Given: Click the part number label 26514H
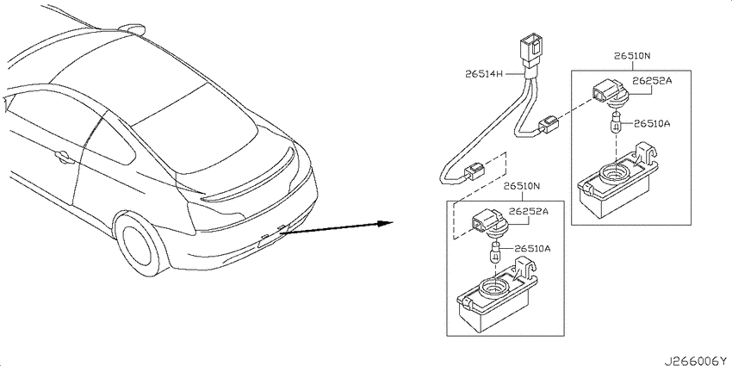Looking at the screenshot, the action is point(484,74).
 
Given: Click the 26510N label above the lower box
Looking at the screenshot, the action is point(522,187).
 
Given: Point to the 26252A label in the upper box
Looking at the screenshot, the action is point(653,81).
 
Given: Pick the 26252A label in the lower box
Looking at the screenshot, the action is point(530,211).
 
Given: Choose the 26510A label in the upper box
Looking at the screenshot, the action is point(652,124).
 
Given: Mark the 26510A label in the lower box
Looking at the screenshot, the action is point(532,248).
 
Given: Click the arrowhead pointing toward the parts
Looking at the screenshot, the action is point(386,223).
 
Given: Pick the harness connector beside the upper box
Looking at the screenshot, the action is point(549,125).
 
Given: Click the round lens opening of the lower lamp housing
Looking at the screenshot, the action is point(493,286).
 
